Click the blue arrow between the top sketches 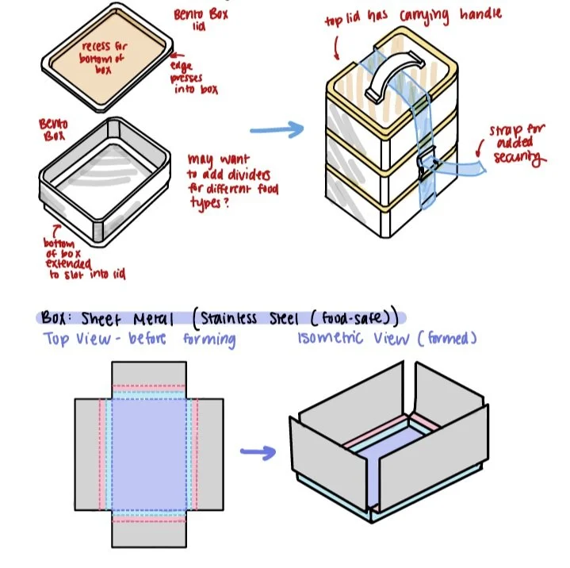(x=277, y=129)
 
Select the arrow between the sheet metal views (x=258, y=453)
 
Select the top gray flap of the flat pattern (x=149, y=373)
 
